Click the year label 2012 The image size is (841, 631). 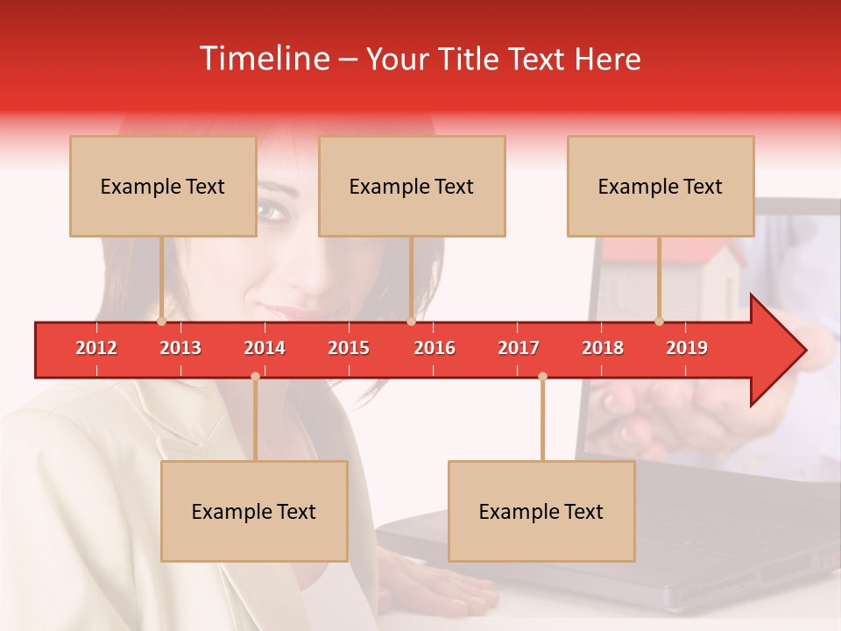tap(96, 348)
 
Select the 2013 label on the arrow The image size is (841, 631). tap(180, 348)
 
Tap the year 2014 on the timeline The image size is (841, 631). tap(265, 348)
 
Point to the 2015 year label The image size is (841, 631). tap(349, 348)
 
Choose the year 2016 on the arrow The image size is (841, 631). tap(435, 348)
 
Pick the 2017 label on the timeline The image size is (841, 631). tap(519, 348)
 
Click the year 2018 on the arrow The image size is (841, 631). tap(603, 348)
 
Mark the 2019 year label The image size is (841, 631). tap(687, 348)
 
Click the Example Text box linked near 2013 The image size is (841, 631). tap(163, 186)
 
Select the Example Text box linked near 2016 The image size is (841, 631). tap(412, 186)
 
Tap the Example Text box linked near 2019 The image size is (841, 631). tap(661, 186)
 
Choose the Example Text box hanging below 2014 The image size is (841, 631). tap(254, 511)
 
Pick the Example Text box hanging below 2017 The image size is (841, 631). tap(541, 511)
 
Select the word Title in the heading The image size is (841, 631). tap(470, 59)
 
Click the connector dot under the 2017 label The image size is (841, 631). tap(542, 377)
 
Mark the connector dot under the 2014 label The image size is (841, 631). tap(255, 377)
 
